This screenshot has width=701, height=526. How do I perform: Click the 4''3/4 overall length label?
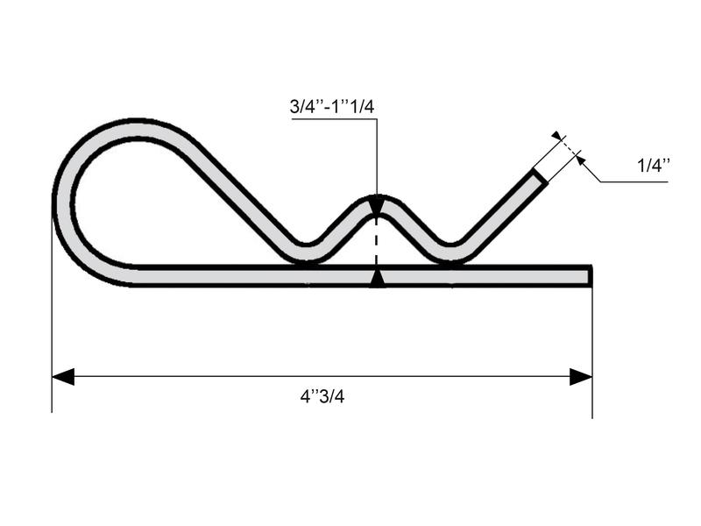(322, 396)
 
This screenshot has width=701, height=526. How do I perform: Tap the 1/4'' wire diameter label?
(654, 164)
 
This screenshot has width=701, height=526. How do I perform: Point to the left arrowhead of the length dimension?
(63, 377)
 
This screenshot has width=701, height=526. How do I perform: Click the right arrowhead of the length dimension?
(581, 377)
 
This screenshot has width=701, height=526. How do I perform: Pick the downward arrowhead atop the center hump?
(377, 208)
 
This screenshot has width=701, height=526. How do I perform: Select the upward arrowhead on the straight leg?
(377, 279)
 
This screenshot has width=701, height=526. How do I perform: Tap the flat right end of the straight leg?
(590, 276)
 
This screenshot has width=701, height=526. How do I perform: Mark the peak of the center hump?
(377, 198)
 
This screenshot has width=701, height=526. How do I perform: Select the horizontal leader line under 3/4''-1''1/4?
(333, 119)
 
